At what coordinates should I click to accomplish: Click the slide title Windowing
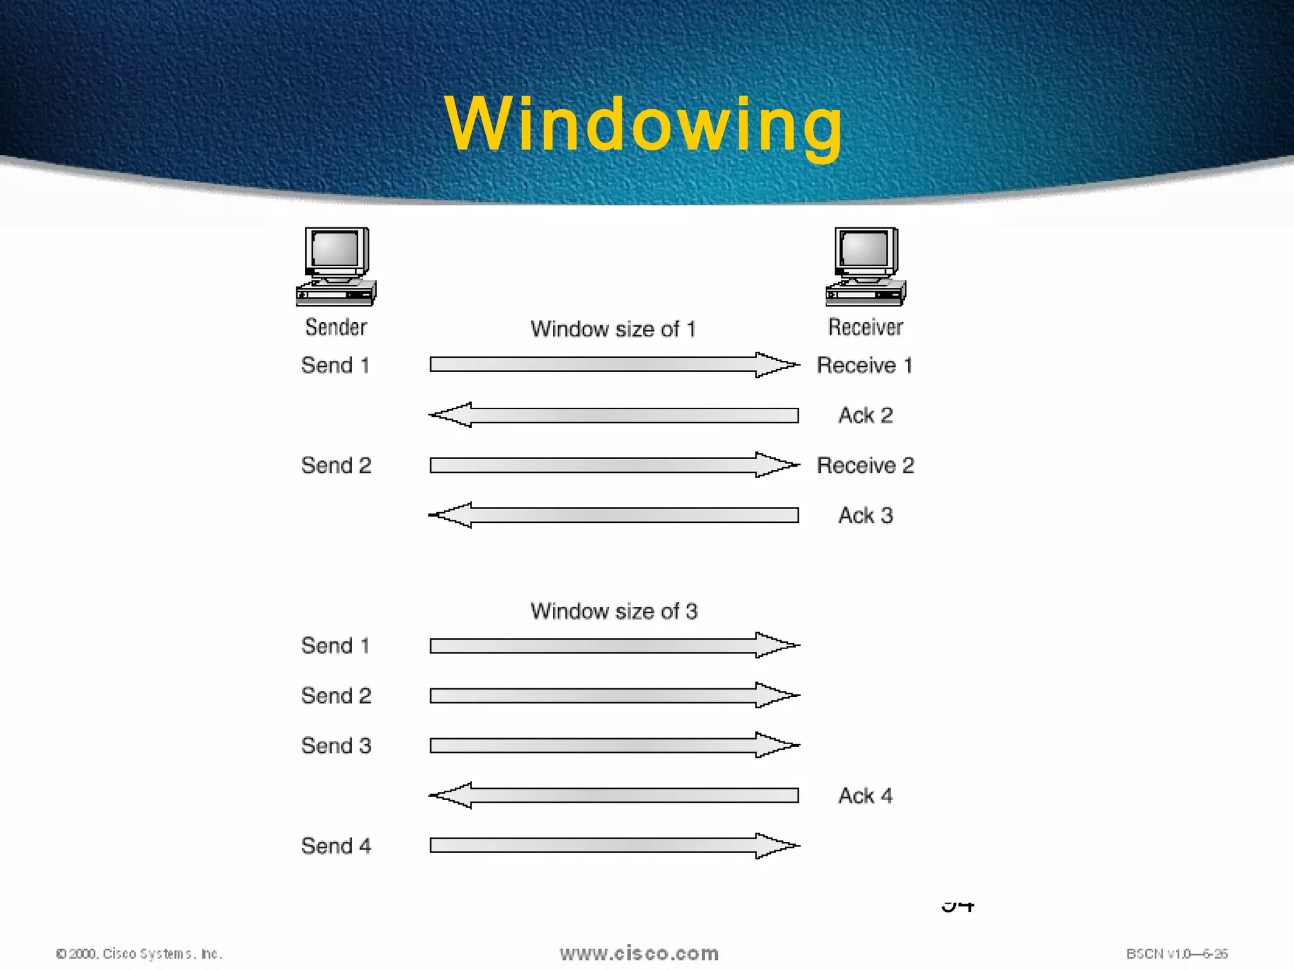coord(643,124)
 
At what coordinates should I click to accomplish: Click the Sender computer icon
coord(336,267)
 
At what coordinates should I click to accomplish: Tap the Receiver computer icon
coord(866,267)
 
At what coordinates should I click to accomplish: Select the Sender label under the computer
coord(336,327)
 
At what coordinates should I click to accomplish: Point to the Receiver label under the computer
coord(866,327)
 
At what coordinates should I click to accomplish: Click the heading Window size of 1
coord(613,329)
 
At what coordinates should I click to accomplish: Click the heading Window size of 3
coord(614,611)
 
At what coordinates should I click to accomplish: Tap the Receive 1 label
coord(865,365)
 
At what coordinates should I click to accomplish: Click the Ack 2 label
coord(866,415)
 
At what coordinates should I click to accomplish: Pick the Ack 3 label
coord(866,515)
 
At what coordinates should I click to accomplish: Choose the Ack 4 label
coord(866,796)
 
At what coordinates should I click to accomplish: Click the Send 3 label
coord(336,746)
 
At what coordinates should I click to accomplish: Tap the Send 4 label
coord(336,846)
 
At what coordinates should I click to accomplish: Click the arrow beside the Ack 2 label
coord(614,415)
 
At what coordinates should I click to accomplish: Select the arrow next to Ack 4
coord(614,796)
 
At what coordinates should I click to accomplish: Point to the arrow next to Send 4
coord(614,846)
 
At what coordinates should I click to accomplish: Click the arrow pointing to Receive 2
coord(614,465)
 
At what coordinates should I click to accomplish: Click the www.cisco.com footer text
coord(639,953)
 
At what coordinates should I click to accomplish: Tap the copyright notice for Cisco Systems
coord(139,954)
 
